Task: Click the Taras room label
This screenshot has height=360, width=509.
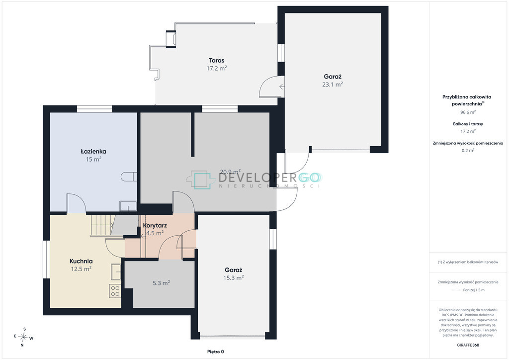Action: [217, 60]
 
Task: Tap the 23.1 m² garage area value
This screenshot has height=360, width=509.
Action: [333, 85]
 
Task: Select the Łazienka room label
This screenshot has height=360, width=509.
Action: [93, 151]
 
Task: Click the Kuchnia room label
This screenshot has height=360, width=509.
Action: [81, 261]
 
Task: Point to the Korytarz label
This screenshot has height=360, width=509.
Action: [155, 225]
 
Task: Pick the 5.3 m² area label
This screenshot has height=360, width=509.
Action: [162, 283]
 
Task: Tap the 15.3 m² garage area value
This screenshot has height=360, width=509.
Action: [234, 278]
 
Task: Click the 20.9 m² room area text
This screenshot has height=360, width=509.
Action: [230, 172]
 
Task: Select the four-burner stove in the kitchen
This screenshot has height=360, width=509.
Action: [115, 291]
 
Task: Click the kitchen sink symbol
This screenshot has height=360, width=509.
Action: [116, 272]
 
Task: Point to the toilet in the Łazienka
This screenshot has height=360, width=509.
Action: [129, 177]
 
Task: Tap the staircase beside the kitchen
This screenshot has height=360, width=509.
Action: [102, 225]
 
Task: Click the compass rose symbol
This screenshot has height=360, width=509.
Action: [24, 338]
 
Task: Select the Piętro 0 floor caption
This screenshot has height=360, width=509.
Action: [216, 352]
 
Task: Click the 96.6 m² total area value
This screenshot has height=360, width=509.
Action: [468, 112]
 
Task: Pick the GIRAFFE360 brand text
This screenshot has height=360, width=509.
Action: [468, 345]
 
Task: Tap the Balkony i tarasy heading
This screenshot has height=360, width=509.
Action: [468, 124]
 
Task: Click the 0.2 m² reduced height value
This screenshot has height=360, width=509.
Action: [468, 150]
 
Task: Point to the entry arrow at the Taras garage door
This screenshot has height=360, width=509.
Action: [282, 87]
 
